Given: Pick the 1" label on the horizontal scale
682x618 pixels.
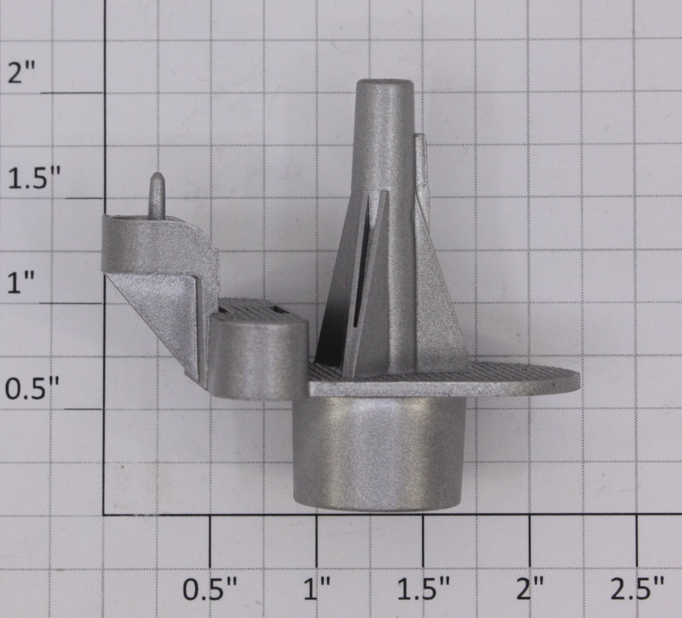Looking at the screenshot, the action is [319, 590].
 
